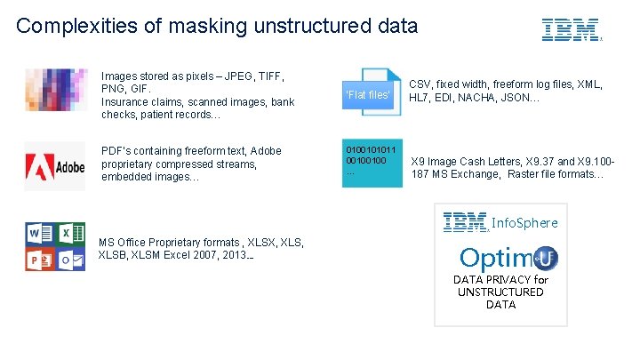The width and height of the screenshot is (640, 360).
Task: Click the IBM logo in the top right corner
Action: click(571, 30)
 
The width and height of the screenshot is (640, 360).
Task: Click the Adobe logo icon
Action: click(54, 165)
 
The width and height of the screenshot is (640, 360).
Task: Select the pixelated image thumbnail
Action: click(54, 90)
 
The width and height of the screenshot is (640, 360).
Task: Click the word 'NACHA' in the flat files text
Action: click(516, 97)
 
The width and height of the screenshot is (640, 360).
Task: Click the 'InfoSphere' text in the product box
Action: click(524, 223)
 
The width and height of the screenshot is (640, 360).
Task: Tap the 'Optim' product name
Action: click(498, 258)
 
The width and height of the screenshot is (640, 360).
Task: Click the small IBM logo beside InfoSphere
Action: click(466, 222)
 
